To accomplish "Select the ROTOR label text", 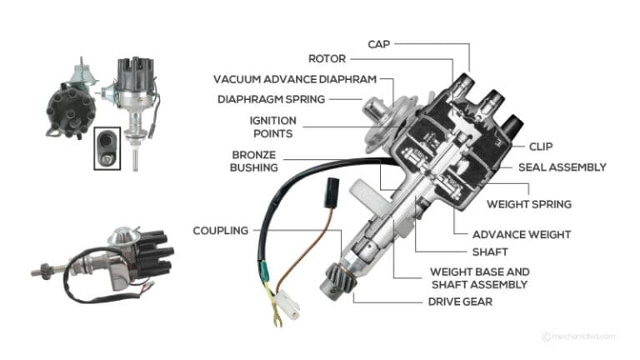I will point(327,59).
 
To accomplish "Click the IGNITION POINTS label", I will point(272,127).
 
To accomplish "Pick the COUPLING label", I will point(220,230).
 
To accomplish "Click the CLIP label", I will point(541,146).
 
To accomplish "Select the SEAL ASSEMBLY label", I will point(562,167).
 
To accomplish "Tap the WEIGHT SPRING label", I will point(529,202).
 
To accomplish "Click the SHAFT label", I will point(489,251).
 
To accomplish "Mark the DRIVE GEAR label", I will point(459,301).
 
